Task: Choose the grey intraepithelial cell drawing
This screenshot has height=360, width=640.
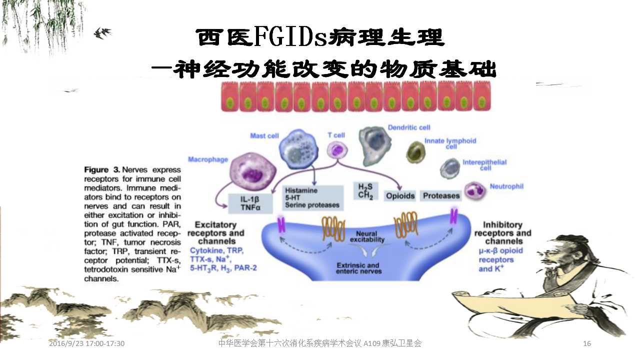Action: tap(449, 168)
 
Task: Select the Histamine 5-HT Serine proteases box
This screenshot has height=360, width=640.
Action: tap(313, 197)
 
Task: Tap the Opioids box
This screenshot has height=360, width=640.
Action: tap(400, 196)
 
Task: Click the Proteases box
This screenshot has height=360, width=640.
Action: tap(440, 196)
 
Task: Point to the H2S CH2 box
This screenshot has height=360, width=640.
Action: tap(365, 191)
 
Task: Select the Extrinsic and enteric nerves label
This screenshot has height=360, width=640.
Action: tap(358, 268)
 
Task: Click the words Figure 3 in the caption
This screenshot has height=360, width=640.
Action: tap(102, 170)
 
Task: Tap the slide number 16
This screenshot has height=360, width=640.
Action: tap(587, 343)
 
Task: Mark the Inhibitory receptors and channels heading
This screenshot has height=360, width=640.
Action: tap(502, 233)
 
